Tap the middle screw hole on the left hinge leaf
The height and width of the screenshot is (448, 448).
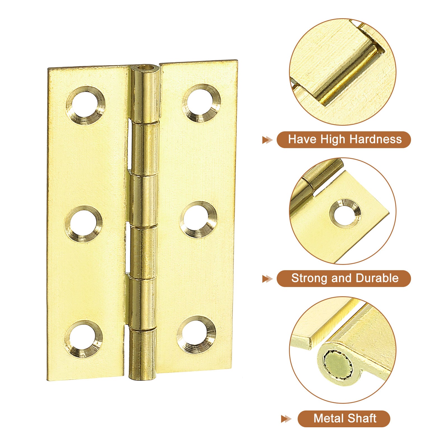pos(84,224)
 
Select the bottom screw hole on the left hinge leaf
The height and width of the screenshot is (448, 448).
pos(83,339)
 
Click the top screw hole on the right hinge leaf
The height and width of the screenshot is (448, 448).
pos(201,103)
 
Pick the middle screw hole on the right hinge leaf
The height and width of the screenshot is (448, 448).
pos(199,220)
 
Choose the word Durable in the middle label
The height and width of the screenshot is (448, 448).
pos(377,278)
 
